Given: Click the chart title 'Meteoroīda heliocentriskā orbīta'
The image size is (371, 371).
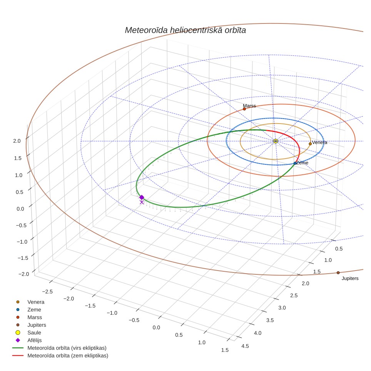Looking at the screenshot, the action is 185,30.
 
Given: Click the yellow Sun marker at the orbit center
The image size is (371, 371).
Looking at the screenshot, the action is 276,141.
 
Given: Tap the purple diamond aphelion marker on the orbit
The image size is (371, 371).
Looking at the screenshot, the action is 142,197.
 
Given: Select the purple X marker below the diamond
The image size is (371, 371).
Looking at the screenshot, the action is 142,202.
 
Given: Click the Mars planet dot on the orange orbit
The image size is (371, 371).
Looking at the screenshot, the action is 244,109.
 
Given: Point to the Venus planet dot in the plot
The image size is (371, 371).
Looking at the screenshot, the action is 310,144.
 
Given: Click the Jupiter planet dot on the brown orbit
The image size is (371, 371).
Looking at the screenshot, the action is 338,273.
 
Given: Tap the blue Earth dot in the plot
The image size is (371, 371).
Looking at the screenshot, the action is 295,163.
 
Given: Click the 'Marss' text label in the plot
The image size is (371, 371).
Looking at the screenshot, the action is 249,106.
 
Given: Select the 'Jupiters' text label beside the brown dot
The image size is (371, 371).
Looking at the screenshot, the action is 350,279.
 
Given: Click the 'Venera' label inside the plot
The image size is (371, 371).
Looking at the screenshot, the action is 319,142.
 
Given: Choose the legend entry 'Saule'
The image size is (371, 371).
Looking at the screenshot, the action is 34,333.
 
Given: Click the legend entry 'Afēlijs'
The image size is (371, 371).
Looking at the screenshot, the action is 35,340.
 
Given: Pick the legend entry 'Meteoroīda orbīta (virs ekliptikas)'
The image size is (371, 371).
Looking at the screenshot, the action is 67,348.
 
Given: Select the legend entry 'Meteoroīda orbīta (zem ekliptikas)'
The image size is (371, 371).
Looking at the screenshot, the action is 68,356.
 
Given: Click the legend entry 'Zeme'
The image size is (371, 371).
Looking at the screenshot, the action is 34,310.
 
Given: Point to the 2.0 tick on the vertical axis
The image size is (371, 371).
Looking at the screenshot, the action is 17,141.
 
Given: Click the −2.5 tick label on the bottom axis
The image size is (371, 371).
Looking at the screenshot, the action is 47,292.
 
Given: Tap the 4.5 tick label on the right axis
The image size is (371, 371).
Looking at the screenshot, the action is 245,346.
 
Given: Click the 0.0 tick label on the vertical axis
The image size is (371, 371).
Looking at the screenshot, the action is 20,209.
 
